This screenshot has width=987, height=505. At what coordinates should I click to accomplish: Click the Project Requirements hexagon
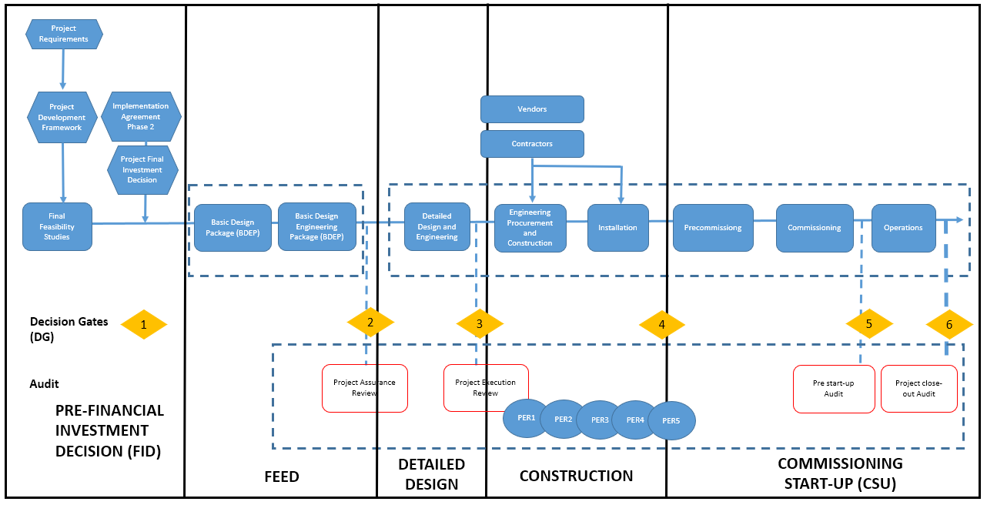pyautogui.click(x=65, y=34)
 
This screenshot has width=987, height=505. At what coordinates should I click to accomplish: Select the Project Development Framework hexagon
pyautogui.click(x=62, y=117)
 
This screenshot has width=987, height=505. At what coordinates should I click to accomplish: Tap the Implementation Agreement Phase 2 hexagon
pyautogui.click(x=141, y=116)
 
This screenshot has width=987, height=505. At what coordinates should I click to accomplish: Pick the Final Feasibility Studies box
pyautogui.click(x=57, y=226)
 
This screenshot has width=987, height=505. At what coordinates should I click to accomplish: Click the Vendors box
pyautogui.click(x=532, y=109)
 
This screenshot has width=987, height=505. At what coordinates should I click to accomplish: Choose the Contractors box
pyautogui.click(x=532, y=144)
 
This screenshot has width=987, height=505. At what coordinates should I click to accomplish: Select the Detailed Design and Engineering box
pyautogui.click(x=437, y=226)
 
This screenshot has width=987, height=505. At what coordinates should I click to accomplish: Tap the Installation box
pyautogui.click(x=618, y=228)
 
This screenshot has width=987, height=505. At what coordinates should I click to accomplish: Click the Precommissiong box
pyautogui.click(x=713, y=228)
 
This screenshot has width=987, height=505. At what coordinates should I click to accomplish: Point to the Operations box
pyautogui.click(x=904, y=228)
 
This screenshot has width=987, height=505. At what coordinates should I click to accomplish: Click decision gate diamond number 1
pyautogui.click(x=144, y=325)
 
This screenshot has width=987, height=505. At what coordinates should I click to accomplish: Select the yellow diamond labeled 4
pyautogui.click(x=662, y=325)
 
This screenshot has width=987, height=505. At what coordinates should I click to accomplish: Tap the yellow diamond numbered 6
pyautogui.click(x=949, y=325)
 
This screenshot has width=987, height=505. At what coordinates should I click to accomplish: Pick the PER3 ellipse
pyautogui.click(x=600, y=420)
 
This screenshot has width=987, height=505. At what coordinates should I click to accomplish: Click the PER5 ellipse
pyautogui.click(x=671, y=421)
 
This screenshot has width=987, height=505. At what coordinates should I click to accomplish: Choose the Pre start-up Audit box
pyautogui.click(x=834, y=389)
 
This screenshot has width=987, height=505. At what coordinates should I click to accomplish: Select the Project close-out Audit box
pyautogui.click(x=919, y=389)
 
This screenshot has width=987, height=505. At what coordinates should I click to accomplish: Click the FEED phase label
pyautogui.click(x=282, y=477)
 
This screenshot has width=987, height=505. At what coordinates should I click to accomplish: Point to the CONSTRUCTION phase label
pyautogui.click(x=577, y=476)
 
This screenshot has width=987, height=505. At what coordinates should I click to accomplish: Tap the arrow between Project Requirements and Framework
pyautogui.click(x=63, y=69)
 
